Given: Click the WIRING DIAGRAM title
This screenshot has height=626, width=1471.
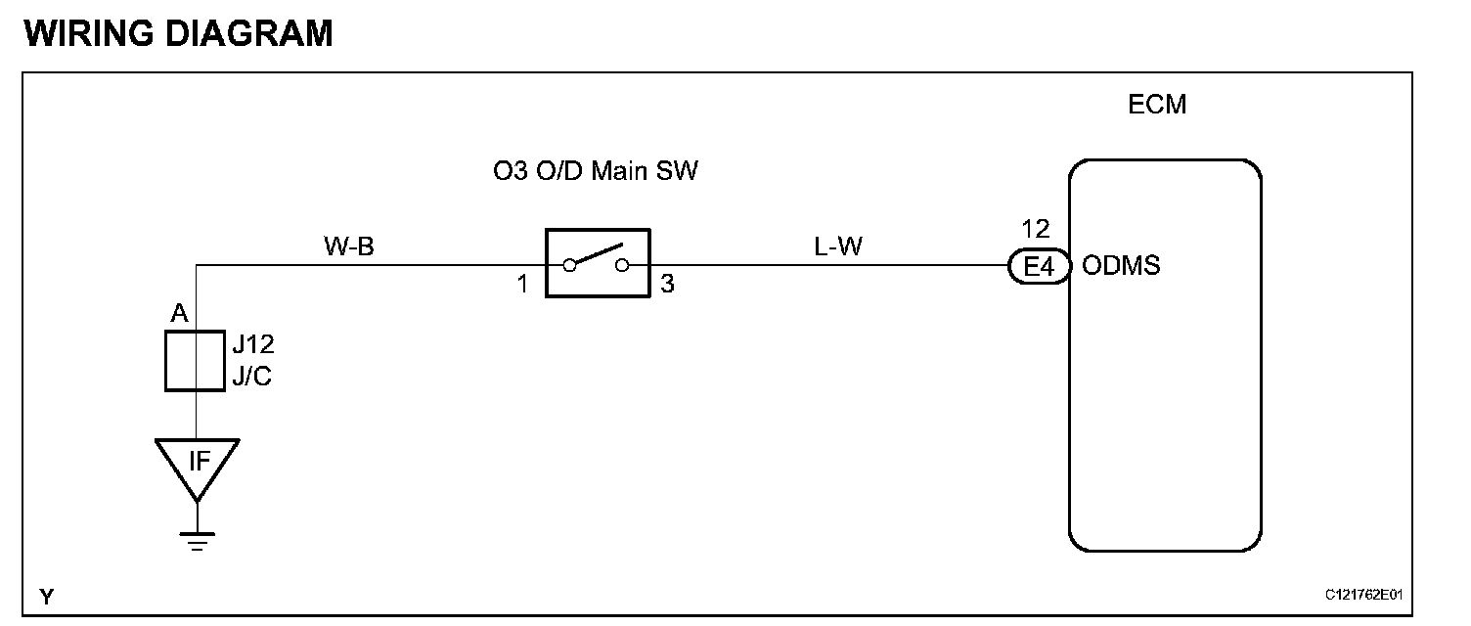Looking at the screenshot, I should point(178,33).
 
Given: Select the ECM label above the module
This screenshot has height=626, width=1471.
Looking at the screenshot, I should point(1157,105).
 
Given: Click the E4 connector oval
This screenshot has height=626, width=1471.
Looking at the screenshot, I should point(1039,265).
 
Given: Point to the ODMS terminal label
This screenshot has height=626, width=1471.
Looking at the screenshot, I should point(1121,265).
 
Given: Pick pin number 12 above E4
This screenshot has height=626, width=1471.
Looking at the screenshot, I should point(1035,230).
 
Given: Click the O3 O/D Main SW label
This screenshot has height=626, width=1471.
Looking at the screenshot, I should point(596,173).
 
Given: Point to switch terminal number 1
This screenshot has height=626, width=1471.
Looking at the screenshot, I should point(522,285).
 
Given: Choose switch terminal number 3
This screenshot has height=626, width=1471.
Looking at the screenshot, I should point(668,285).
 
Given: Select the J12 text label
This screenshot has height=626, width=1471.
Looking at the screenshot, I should point(251,346).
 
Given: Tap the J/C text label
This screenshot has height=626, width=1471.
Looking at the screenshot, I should point(251,376).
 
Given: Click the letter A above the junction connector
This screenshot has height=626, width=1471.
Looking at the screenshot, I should point(179,313).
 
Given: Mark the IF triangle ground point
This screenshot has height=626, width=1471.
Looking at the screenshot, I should point(198,464).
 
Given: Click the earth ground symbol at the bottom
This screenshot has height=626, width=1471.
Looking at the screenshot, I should point(198,540).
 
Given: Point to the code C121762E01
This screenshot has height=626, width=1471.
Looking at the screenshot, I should point(1364,595).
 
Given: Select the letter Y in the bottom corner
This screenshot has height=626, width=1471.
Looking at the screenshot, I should point(46,596).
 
